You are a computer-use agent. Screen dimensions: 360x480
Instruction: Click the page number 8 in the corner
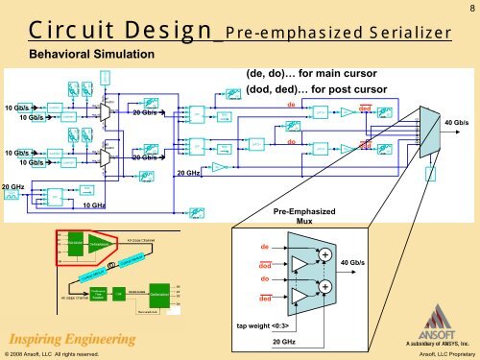point(471,7)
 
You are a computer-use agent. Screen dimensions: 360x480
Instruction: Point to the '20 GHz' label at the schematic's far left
point(12,186)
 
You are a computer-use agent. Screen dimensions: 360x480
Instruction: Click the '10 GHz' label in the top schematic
point(93,205)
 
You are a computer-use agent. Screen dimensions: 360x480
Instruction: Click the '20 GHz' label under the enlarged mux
point(287,342)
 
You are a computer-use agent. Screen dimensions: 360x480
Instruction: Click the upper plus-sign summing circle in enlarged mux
point(325,255)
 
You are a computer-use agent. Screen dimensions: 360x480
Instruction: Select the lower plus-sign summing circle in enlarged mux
point(325,287)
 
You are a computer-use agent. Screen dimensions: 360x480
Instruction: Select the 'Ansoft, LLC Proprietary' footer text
point(433,353)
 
